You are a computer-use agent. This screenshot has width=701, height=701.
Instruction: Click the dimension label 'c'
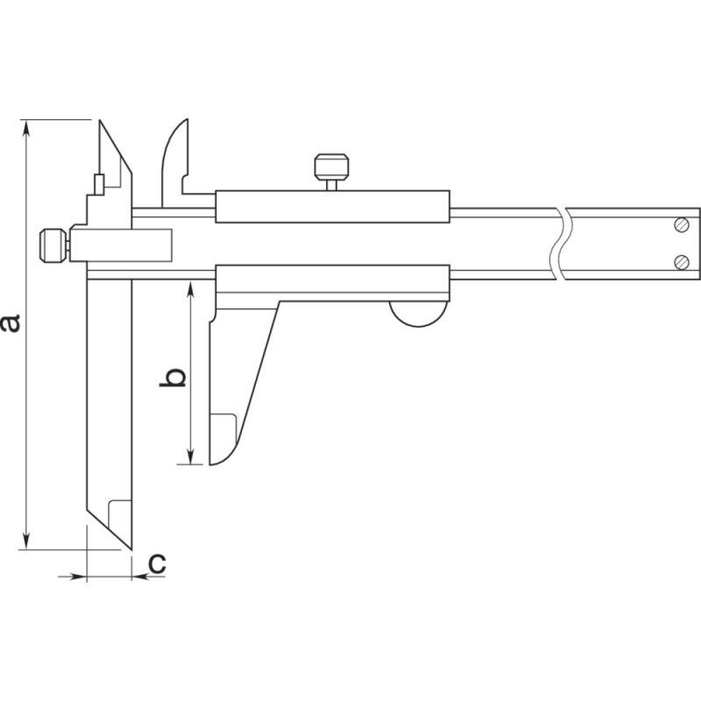[x=156, y=563]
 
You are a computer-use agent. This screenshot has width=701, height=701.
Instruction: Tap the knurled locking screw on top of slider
[x=332, y=166]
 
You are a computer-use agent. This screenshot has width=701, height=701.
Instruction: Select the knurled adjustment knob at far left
[x=53, y=245]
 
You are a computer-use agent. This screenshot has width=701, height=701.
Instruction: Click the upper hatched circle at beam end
[x=682, y=225]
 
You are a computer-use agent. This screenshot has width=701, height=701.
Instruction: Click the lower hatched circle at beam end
[x=682, y=261]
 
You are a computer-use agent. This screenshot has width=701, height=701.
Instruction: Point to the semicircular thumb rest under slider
[x=418, y=312]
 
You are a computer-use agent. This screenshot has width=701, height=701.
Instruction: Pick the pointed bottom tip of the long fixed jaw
[x=130, y=548]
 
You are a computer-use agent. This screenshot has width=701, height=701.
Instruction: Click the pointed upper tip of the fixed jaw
[x=101, y=123]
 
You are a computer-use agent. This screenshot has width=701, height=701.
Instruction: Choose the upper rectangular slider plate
[x=333, y=207]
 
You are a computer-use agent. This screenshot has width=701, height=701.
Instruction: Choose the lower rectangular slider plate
[x=333, y=280]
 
